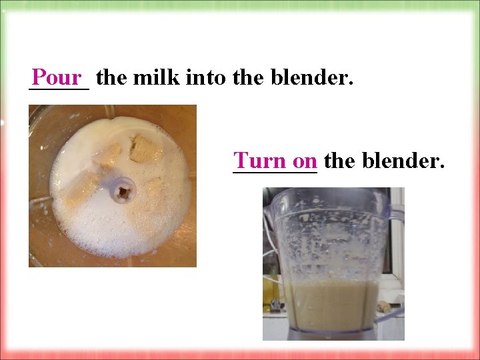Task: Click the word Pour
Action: tap(56, 78)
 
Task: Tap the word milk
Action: tap(156, 78)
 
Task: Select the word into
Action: tap(208, 78)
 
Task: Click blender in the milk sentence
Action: tap(309, 78)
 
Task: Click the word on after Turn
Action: tap(305, 161)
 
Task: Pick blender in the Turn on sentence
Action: tap(404, 161)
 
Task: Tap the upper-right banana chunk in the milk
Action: tap(145, 149)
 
